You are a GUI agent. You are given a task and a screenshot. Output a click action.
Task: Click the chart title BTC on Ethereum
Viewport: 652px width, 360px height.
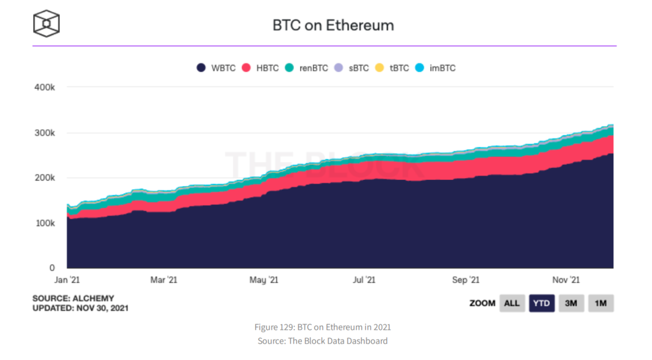pos(333,25)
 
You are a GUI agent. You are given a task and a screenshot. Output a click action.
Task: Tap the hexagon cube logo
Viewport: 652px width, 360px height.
pos(46,24)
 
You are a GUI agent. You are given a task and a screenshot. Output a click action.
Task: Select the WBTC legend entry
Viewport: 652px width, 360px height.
pos(216,68)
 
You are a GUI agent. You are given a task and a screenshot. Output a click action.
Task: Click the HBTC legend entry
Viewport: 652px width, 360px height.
pos(260,68)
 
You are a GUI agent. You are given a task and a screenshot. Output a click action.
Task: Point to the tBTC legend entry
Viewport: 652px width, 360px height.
pos(392,68)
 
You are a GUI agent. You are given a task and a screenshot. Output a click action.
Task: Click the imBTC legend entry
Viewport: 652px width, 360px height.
pos(435,68)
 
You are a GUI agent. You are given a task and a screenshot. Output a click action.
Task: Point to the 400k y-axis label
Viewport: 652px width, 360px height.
pos(45,87)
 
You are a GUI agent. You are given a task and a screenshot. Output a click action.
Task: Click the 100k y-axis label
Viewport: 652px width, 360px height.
pos(45,223)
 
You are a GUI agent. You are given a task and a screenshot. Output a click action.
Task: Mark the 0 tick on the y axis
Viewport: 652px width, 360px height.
pos(52,268)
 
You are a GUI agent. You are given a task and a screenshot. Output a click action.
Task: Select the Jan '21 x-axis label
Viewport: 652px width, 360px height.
pos(66,280)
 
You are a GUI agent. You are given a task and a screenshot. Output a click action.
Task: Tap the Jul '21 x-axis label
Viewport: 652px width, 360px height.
pos(363,280)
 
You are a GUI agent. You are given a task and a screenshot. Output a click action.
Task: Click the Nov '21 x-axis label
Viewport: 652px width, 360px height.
pos(566,280)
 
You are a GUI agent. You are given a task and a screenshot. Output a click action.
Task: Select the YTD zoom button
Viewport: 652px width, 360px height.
pos(542,303)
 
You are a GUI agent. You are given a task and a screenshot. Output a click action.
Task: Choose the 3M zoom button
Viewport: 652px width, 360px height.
pos(571,303)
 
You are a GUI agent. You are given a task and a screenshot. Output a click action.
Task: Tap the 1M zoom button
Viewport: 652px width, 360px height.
pos(600,303)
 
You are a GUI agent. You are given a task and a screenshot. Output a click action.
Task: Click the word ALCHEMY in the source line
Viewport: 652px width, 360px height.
pos(94,298)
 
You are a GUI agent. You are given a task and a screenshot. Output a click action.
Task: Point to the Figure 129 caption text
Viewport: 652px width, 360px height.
pos(322,327)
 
